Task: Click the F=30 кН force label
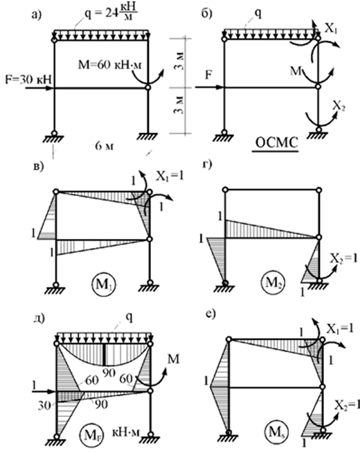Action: tap(28, 79)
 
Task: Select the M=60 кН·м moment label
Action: tap(109, 65)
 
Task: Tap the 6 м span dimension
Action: tap(104, 146)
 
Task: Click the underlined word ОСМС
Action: tap(276, 143)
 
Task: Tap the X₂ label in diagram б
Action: tap(339, 106)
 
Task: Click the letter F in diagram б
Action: tap(208, 75)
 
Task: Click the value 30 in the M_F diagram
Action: tap(44, 406)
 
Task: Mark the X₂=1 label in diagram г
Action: tap(344, 258)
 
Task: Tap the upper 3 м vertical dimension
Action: tap(180, 62)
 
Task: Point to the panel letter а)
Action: tap(37, 14)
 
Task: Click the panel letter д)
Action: tap(39, 319)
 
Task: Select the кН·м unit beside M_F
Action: tap(126, 432)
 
